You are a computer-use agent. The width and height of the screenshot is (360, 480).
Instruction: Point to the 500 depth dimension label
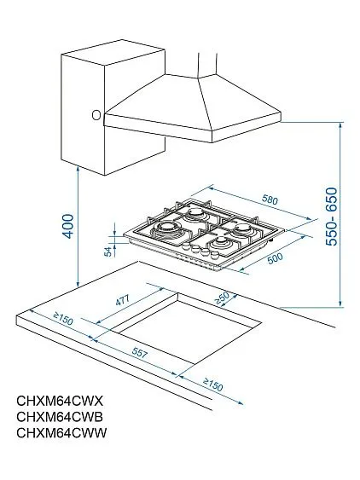pos(275,258)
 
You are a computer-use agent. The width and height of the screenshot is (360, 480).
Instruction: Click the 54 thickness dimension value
pos(107,250)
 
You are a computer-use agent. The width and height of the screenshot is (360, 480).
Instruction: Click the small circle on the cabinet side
pos(96,114)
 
